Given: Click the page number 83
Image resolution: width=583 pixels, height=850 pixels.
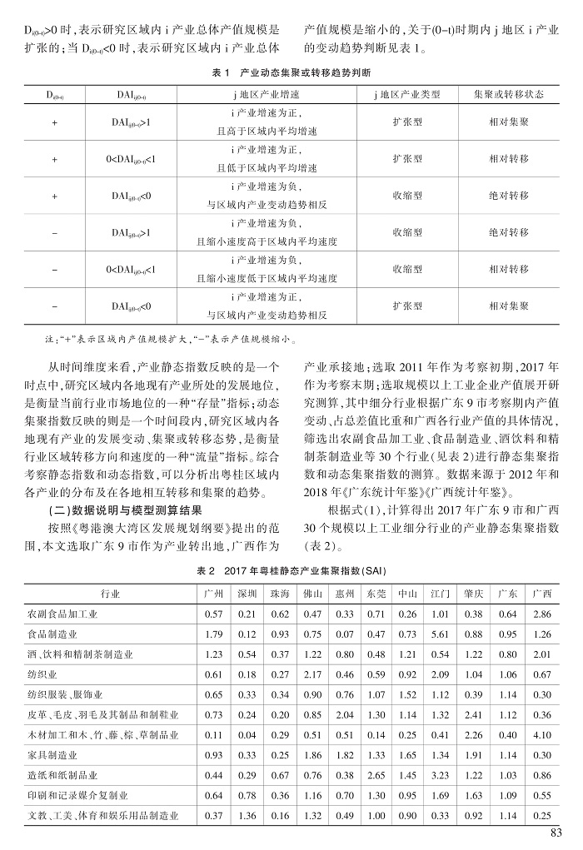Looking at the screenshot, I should (x=557, y=835).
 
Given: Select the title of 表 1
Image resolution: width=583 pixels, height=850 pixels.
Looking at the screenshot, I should (x=291, y=74).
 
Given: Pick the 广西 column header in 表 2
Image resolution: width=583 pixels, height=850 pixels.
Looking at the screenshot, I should (x=541, y=594).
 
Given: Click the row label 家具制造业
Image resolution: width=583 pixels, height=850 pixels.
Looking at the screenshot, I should (x=52, y=754).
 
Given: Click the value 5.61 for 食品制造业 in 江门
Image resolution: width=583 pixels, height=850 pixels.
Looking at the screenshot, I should (x=441, y=634).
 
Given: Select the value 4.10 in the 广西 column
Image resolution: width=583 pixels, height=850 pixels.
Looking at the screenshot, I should (x=541, y=734).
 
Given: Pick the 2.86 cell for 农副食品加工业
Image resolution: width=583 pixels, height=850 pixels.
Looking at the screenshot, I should (x=541, y=614).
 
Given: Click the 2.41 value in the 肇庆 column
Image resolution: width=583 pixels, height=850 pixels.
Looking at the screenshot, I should (x=474, y=714).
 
